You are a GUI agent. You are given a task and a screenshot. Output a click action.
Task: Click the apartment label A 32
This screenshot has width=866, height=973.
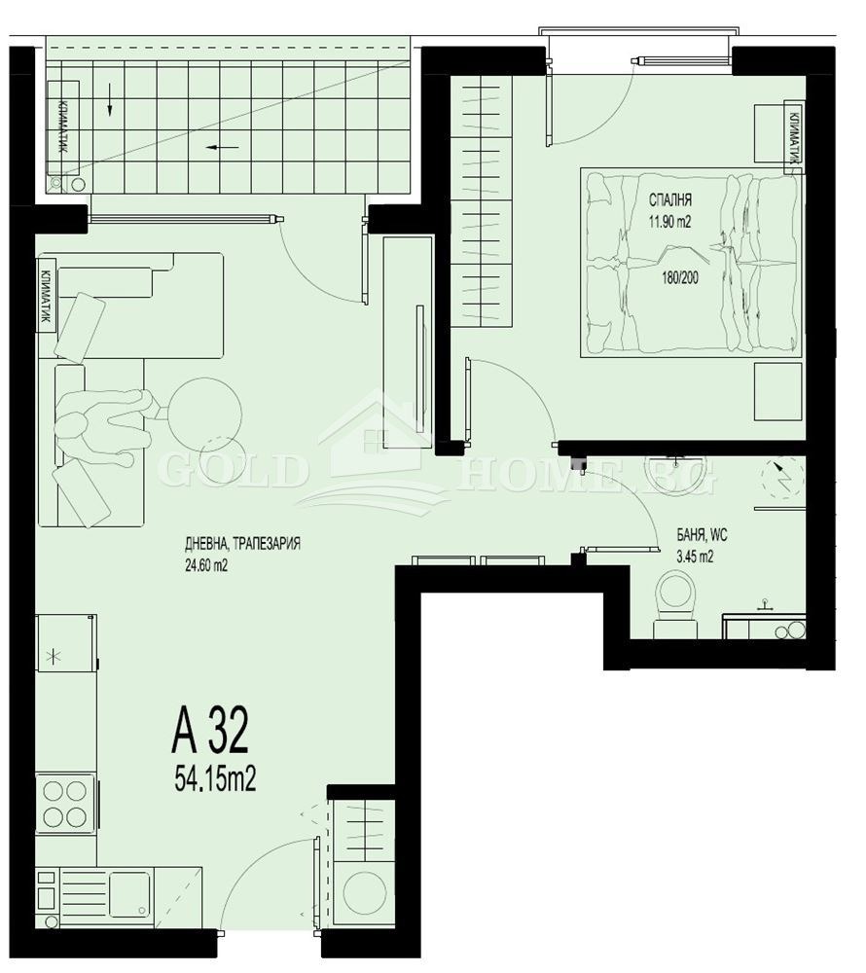[x=210, y=731]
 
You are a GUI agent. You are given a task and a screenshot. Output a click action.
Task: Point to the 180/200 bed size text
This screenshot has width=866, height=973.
[x=679, y=275]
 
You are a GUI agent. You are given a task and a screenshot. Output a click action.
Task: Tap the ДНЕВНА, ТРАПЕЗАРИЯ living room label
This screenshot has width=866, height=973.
[x=242, y=544]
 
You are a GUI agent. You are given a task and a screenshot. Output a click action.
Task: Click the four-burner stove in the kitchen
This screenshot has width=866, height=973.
[x=65, y=803]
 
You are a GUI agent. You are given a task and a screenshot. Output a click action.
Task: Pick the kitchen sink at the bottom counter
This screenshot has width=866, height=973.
[x=128, y=894]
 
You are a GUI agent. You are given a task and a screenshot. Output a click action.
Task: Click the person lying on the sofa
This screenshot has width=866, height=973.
[x=102, y=425]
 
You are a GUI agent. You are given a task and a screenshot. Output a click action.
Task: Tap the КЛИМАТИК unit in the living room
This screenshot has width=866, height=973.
[x=46, y=293]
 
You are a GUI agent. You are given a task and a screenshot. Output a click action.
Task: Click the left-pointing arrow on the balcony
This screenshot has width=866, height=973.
[x=223, y=148]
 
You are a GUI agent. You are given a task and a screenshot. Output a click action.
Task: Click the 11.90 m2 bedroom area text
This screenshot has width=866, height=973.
[x=670, y=220]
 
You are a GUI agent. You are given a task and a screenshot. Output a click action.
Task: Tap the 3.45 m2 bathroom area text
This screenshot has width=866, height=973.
[x=696, y=558]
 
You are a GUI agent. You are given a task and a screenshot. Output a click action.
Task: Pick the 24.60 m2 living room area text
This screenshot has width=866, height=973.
[x=205, y=568]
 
